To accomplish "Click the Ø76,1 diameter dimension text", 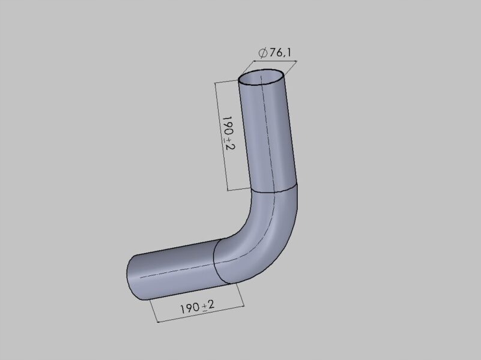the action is (274, 53).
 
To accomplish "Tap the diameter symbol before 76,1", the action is (263, 53).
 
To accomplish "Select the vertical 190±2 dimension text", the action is (229, 133).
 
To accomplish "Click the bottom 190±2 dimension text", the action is (197, 307).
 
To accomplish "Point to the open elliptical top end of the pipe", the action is (261, 77).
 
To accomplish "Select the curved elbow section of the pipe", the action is (261, 233).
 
